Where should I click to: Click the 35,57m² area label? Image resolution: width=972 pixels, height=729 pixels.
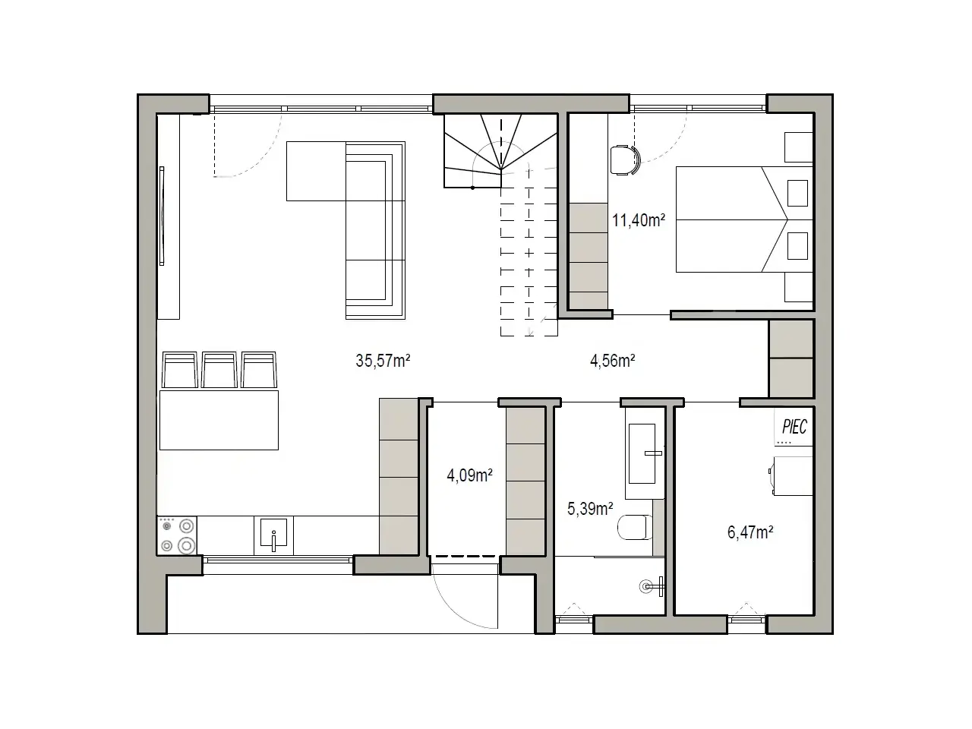tap(383, 361)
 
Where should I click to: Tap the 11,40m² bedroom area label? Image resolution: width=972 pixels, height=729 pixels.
tap(638, 220)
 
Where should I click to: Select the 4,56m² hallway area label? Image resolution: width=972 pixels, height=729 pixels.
tap(612, 361)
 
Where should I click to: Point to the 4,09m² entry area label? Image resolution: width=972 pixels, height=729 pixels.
tap(469, 475)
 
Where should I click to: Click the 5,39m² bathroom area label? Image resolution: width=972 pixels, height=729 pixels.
tap(590, 509)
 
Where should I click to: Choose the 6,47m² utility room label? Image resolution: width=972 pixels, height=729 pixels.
tap(750, 532)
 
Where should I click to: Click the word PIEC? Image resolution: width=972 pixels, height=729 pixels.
tap(794, 427)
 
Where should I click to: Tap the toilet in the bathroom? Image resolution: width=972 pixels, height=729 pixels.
tap(635, 527)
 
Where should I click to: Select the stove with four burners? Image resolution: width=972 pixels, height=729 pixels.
tap(177, 535)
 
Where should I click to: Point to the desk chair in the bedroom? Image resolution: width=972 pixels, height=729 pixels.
tap(625, 160)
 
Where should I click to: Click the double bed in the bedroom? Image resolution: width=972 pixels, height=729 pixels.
tap(744, 219)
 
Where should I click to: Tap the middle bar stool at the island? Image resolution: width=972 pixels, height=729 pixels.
tap(219, 370)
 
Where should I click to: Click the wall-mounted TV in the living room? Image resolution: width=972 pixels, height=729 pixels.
tap(162, 216)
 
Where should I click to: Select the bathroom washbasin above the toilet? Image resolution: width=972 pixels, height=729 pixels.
tap(642, 453)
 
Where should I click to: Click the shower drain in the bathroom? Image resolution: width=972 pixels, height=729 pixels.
tap(646, 587)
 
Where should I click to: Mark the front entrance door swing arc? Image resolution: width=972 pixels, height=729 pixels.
tap(453, 610)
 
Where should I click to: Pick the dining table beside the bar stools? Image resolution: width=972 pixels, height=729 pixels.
tap(219, 420)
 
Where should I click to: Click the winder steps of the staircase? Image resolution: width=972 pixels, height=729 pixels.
tap(500, 150)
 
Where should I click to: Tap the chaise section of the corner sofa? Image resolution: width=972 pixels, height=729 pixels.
tap(316, 172)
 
